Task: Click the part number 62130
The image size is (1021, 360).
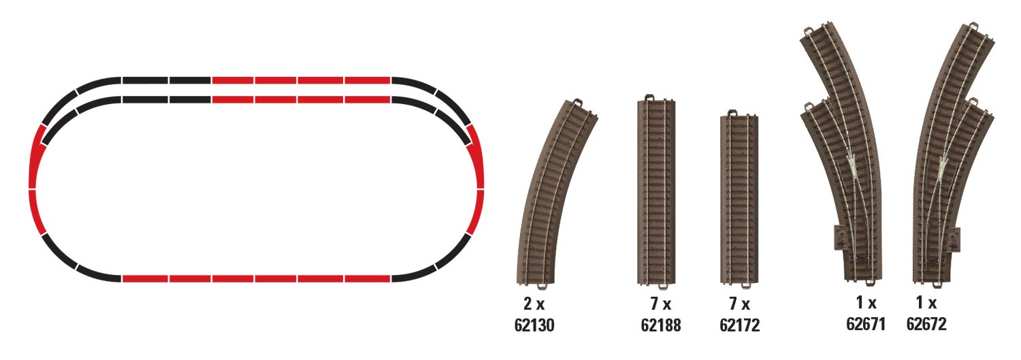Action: [534, 325]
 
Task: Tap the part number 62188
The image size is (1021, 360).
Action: [660, 325]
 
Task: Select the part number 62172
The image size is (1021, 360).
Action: [739, 325]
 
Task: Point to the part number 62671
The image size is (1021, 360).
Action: [866, 324]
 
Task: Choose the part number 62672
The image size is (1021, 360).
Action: [926, 324]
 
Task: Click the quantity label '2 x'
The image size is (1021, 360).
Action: [534, 304]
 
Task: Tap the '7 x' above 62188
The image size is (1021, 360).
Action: [660, 304]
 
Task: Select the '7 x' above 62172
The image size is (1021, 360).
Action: [739, 304]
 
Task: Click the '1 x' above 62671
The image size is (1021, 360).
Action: [866, 302]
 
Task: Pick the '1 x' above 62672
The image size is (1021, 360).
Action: [926, 302]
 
